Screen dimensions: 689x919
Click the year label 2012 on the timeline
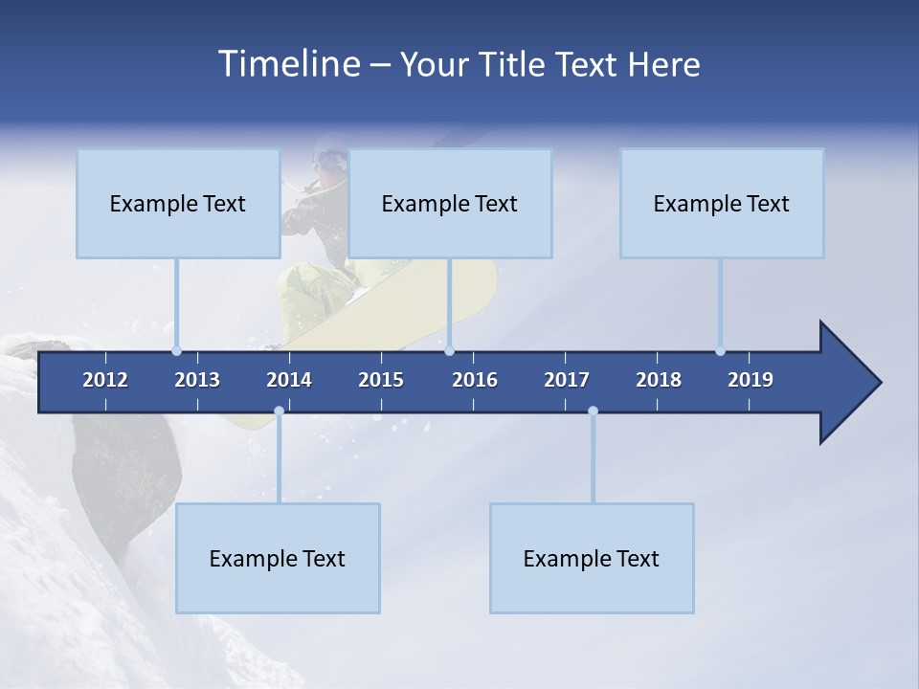click(105, 380)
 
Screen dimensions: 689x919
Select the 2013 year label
click(197, 380)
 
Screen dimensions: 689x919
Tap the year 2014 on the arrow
click(289, 380)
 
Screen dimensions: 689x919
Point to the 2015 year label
click(381, 380)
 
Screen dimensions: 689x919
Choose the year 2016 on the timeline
click(475, 380)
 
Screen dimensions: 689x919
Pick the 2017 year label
click(567, 380)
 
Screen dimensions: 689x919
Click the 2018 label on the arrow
click(659, 380)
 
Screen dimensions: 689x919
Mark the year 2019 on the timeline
click(751, 380)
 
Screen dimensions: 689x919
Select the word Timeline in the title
click(287, 64)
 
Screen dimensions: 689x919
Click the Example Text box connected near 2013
click(178, 203)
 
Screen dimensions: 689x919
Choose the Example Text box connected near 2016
click(450, 203)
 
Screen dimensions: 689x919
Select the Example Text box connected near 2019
click(722, 203)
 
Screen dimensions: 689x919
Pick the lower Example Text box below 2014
click(278, 558)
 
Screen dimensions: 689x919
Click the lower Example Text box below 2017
click(592, 558)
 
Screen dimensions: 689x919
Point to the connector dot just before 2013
click(176, 351)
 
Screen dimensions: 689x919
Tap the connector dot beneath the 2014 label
click(279, 411)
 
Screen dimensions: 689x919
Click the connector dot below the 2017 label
click(593, 411)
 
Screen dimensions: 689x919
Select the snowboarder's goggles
click(330, 159)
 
